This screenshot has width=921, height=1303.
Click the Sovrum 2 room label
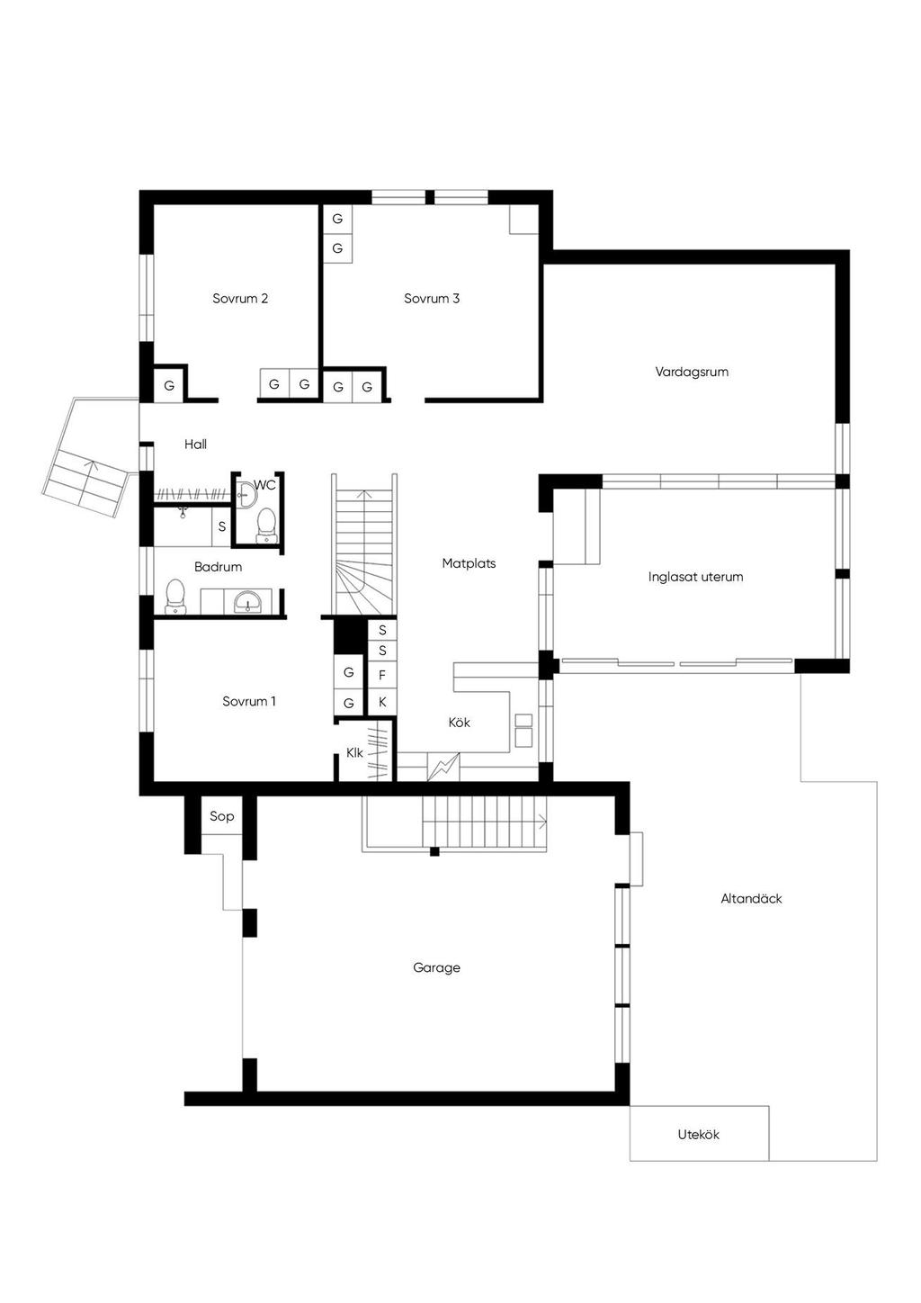(240, 299)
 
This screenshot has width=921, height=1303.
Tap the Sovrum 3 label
(432, 299)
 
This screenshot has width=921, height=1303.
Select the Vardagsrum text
(692, 372)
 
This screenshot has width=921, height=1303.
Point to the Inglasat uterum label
(695, 577)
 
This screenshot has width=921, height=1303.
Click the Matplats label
(469, 563)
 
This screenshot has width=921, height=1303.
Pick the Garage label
(436, 967)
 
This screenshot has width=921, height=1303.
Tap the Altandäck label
(751, 898)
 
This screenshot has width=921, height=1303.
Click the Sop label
(221, 816)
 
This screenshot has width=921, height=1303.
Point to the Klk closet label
(354, 752)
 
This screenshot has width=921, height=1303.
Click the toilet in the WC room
(265, 526)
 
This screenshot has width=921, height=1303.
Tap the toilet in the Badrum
(175, 597)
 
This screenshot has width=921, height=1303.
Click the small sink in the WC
(246, 495)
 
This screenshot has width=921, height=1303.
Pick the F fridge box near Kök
(382, 676)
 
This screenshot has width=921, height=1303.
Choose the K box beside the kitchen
(382, 702)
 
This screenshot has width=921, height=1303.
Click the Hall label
(195, 444)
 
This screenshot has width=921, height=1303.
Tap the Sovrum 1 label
(249, 701)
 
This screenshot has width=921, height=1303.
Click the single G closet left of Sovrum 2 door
(169, 385)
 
